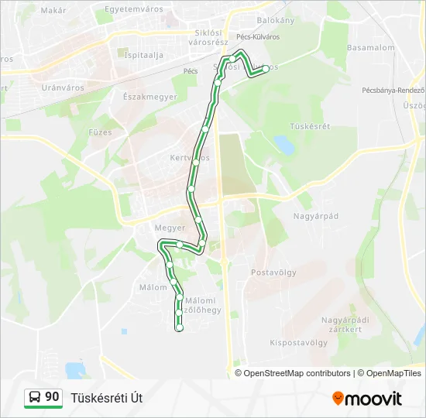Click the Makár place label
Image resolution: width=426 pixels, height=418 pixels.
pos(53,10)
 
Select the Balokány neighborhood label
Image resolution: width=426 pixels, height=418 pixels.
pos(276,20)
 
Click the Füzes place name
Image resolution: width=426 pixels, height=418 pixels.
pos(101,132)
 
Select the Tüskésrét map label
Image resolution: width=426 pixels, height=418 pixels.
pos(310,126)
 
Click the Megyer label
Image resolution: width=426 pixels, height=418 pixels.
pos(170,228)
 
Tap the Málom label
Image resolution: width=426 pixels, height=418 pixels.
pos(153,287)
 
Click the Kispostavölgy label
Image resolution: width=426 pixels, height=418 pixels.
pos(299,341)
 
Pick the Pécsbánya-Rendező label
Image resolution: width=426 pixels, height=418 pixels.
pos(393,90)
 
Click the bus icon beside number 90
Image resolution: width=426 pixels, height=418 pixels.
pos(35,398)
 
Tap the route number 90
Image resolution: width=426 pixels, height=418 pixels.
pos(52,397)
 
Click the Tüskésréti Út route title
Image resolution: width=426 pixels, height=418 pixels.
pos(106,398)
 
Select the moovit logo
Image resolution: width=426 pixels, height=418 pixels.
pos(367,399)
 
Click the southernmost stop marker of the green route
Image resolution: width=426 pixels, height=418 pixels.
pos(180,328)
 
